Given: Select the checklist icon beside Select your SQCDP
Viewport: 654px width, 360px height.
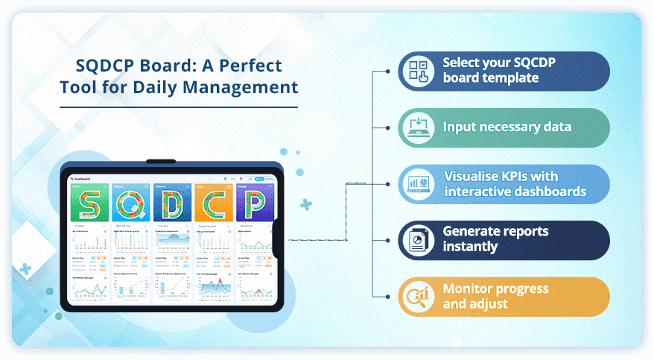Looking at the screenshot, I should (x=417, y=71).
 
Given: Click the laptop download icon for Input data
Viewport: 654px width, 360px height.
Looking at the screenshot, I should (x=417, y=127).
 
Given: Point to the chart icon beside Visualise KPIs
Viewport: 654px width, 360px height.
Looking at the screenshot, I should (x=417, y=184).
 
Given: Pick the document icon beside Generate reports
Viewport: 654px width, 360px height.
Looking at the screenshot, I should (x=417, y=239).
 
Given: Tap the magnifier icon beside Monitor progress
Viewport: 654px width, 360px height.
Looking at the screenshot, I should (x=417, y=296).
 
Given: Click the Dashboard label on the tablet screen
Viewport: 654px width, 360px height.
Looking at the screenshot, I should (x=81, y=179).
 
